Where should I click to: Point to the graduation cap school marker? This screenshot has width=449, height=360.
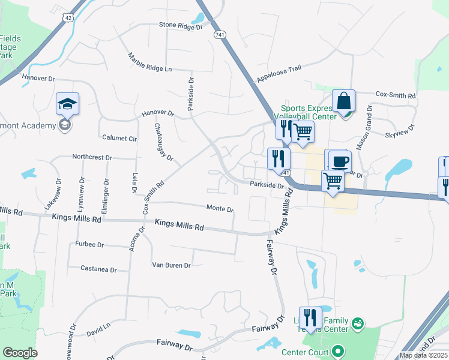point(68,104)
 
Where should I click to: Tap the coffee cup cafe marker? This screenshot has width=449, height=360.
point(339,161)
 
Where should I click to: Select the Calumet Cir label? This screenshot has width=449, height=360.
point(119,137)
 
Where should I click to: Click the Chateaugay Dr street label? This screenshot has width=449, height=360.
point(163,142)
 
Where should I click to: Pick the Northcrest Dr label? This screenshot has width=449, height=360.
point(92,157)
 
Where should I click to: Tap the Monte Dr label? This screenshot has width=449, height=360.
point(220,209)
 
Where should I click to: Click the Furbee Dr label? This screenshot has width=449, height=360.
point(90,245)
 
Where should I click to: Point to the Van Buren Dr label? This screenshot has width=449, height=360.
point(171,265)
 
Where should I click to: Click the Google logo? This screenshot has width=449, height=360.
point(20,353)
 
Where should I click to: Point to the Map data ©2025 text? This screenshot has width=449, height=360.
point(423,355)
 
